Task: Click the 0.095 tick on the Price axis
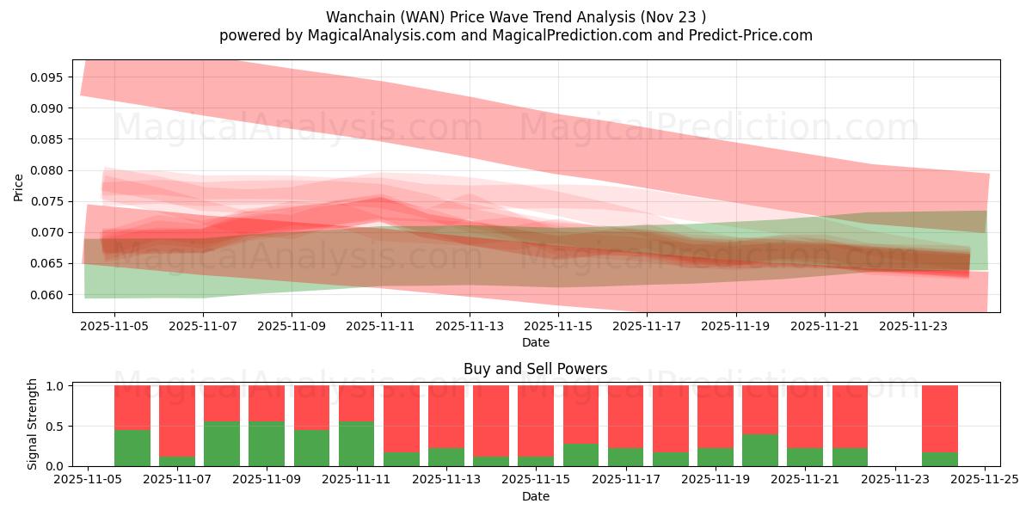coord(46,77)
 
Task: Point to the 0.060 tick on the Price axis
coord(46,294)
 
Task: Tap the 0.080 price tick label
coord(46,170)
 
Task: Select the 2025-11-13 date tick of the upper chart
coord(470,327)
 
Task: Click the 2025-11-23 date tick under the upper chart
coord(913,327)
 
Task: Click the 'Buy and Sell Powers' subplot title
coord(535,369)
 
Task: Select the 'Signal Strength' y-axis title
coord(33,424)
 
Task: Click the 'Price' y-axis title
coord(19,187)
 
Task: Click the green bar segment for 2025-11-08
coord(222,444)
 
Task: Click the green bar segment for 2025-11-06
coord(132,447)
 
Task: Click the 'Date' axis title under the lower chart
coord(535,496)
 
